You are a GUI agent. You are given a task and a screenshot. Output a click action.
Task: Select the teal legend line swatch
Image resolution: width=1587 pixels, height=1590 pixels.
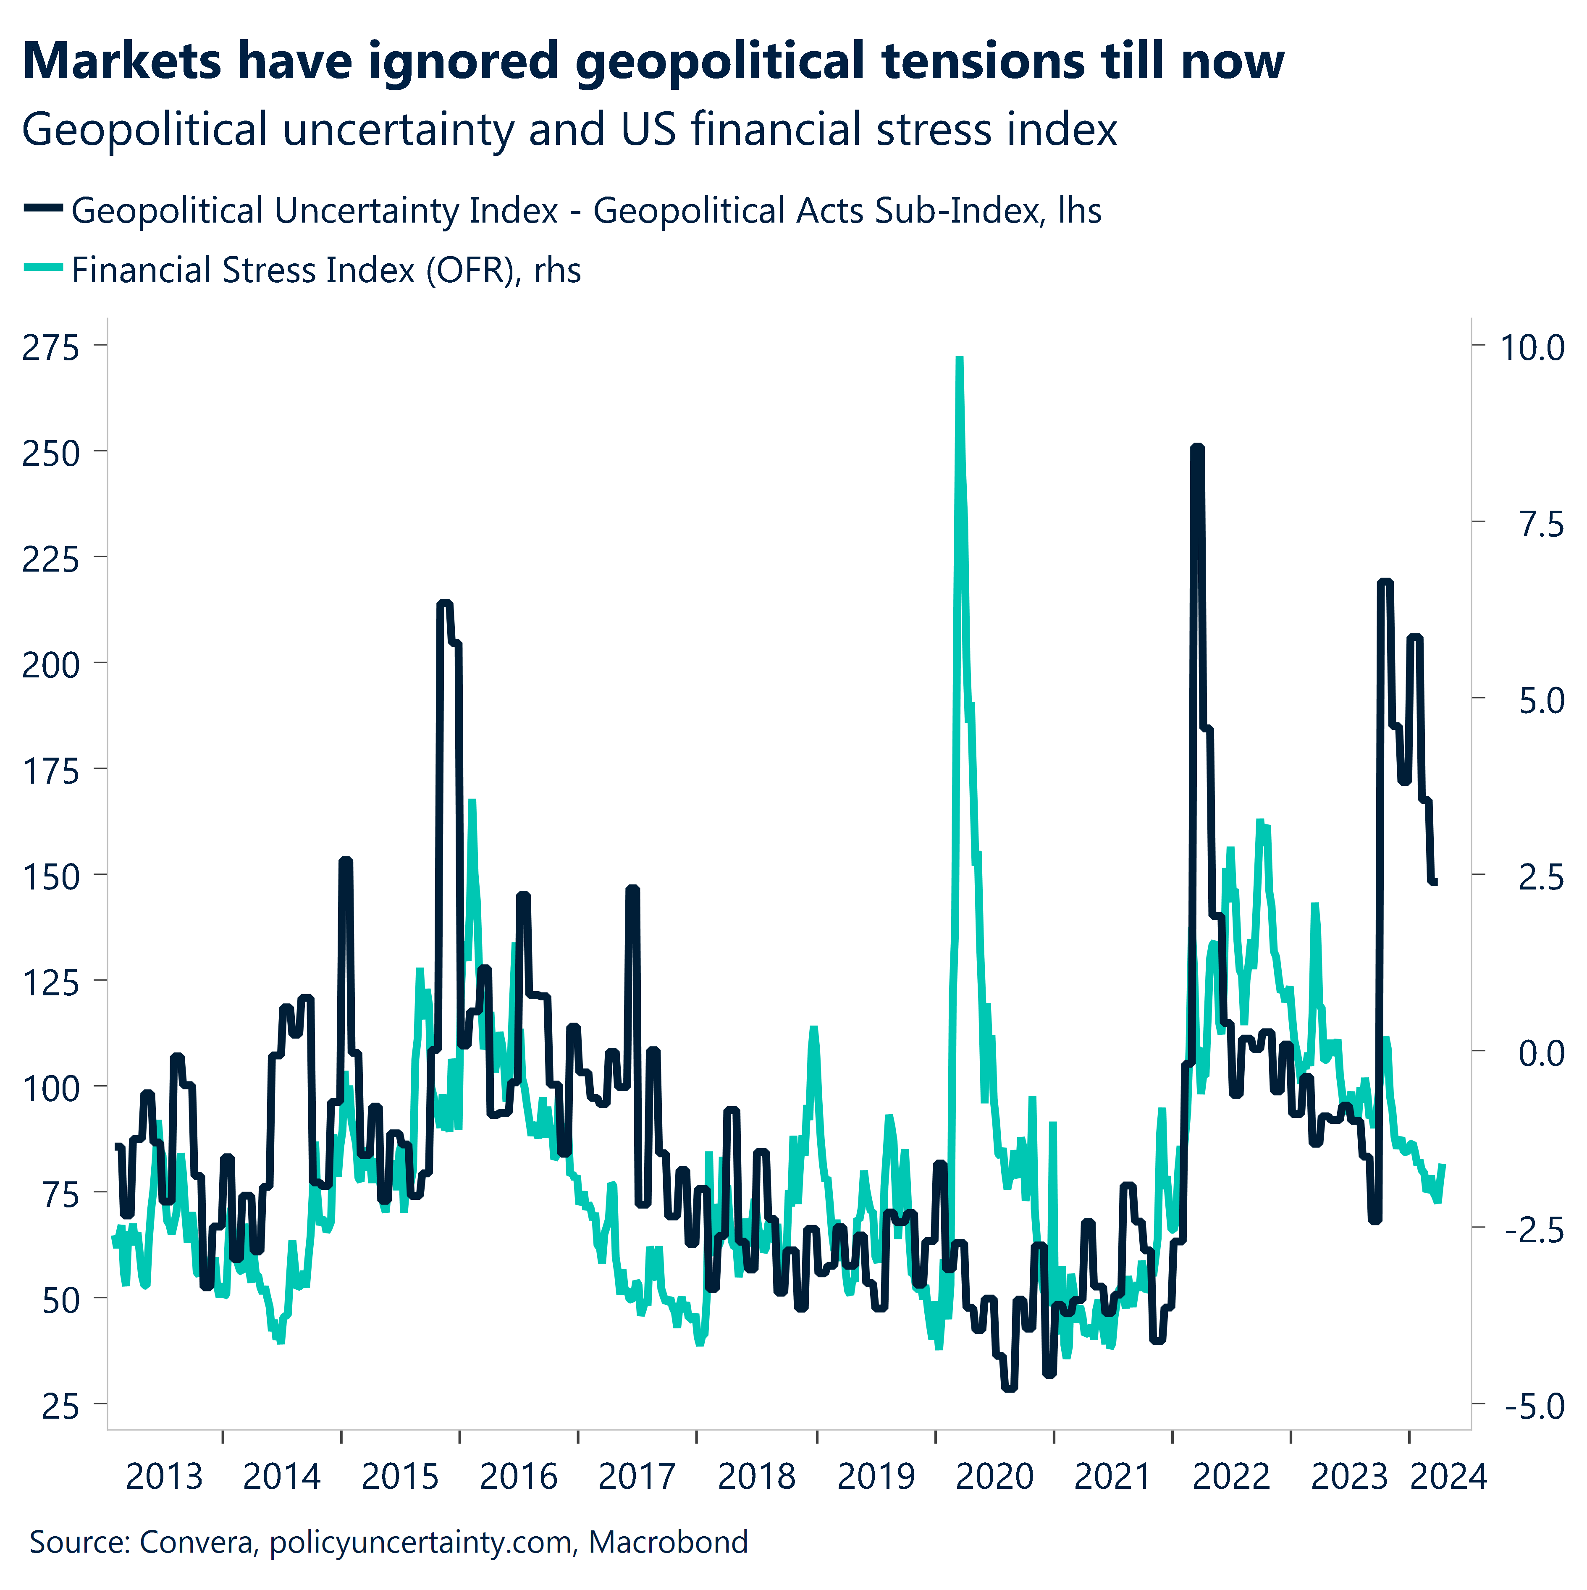(43, 268)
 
